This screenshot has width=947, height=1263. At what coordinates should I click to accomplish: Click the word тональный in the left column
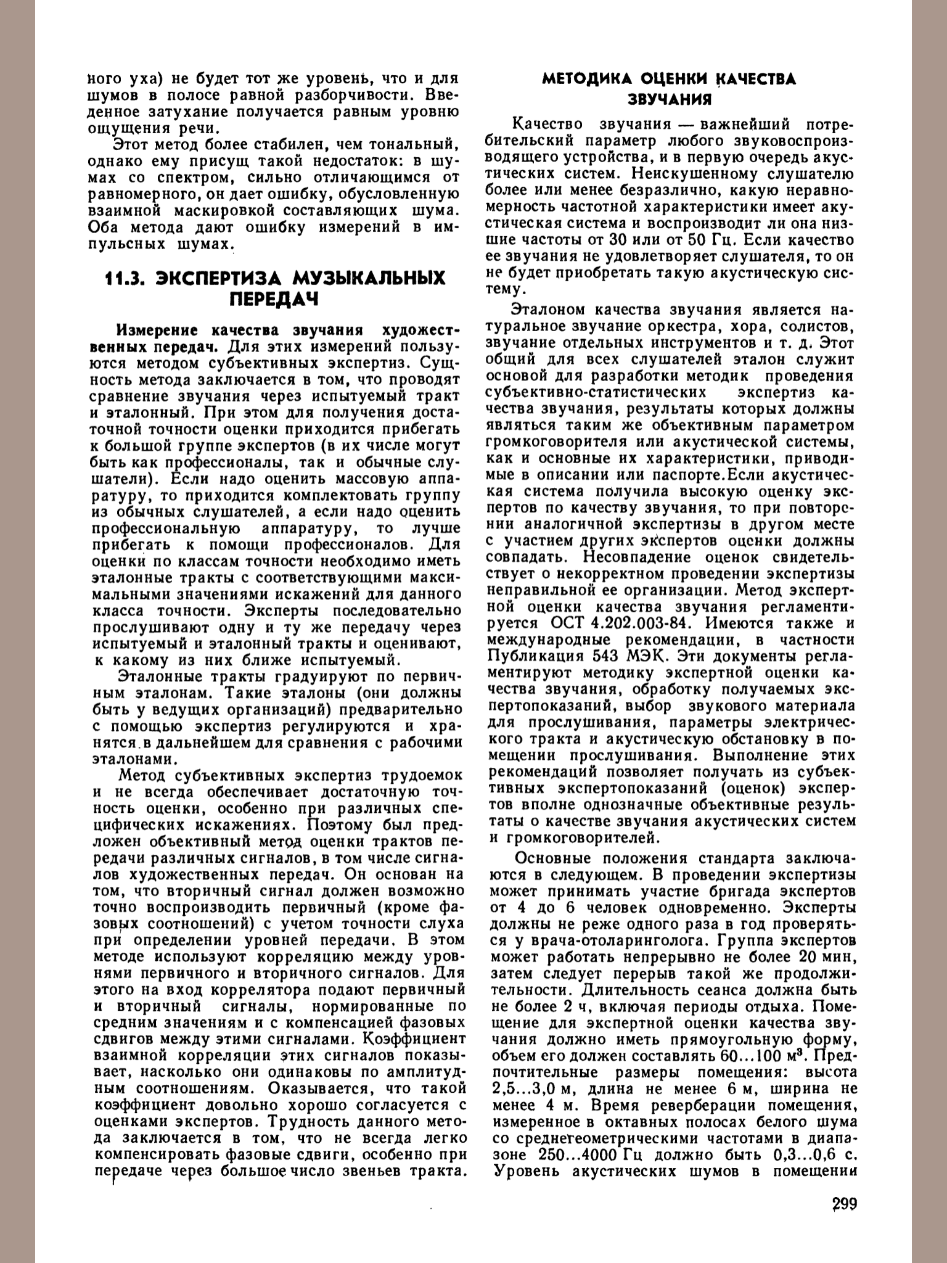(x=420, y=146)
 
